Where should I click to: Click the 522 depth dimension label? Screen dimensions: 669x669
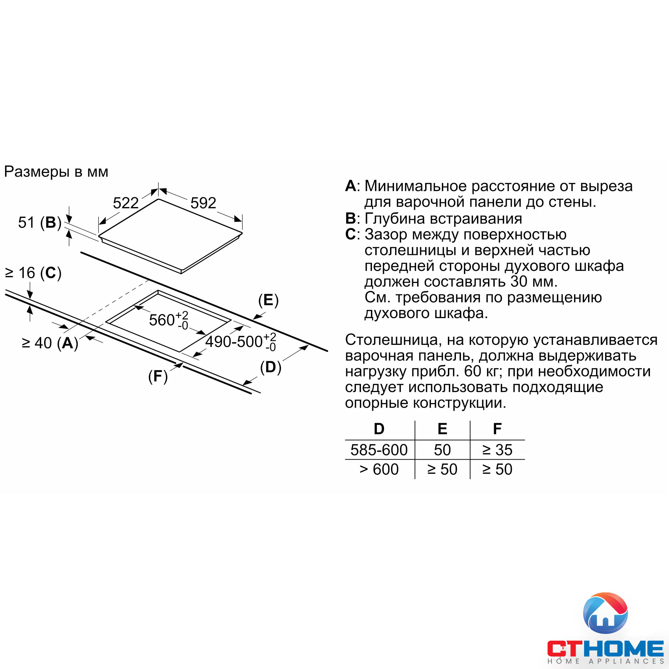pos(126,203)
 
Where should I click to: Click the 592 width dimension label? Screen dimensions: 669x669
pos(203,203)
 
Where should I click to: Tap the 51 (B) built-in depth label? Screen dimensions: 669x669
pos(39,223)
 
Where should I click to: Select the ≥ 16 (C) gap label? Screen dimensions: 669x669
pos(33,273)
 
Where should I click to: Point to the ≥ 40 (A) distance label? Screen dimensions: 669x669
pos(50,343)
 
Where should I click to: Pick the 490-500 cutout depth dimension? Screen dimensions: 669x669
pos(240,342)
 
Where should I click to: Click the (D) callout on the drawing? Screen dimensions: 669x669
pos(270,367)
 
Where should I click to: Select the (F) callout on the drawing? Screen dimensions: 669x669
pos(158,376)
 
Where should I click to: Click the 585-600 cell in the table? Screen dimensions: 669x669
pos(379,450)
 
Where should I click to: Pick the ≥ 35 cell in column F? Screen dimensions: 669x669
pos(497,450)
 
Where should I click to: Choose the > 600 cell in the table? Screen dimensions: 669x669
pos(379,469)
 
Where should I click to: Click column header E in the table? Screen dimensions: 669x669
pos(442,429)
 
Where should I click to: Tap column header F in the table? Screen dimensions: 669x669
pos(497,429)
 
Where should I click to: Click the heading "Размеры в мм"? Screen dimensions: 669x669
pos(56,172)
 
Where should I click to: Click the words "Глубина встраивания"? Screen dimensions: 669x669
pos(443,218)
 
